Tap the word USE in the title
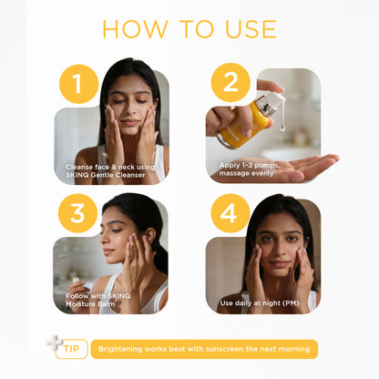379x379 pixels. pyautogui.click(x=251, y=29)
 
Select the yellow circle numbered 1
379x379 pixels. pyautogui.click(x=78, y=84)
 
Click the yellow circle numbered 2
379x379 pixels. pyautogui.click(x=230, y=83)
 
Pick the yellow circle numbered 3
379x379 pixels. pyautogui.click(x=77, y=213)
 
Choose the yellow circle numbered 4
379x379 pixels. pyautogui.click(x=230, y=213)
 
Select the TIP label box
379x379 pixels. pyautogui.click(x=72, y=349)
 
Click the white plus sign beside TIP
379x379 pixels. pyautogui.click(x=54, y=343)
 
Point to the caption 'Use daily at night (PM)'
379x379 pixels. pyautogui.click(x=260, y=303)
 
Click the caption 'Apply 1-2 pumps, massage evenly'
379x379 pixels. pyautogui.click(x=249, y=169)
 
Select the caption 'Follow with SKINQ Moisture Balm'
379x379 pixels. pyautogui.click(x=97, y=300)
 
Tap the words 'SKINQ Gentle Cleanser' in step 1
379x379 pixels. pyautogui.click(x=106, y=175)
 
